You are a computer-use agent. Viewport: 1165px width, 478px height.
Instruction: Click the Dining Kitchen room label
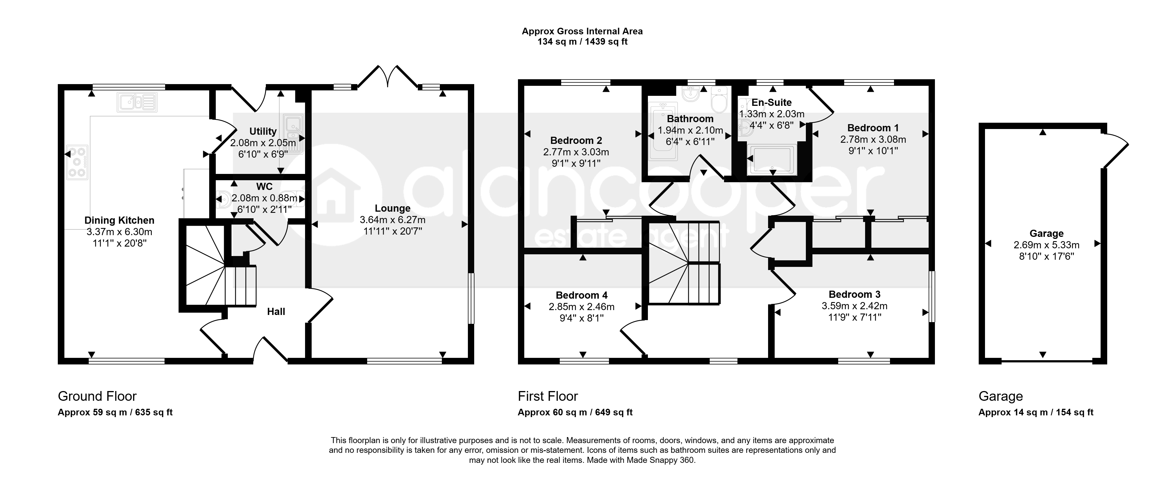coord(119,220)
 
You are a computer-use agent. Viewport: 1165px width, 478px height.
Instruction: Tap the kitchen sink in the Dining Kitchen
coord(137,102)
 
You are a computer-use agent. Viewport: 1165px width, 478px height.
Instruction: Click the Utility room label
coord(263,131)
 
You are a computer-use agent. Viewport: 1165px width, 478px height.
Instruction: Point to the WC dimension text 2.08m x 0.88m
coord(265,198)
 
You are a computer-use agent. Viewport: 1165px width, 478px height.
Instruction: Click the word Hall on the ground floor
coord(276,312)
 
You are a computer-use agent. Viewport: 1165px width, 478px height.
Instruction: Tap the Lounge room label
coord(393,209)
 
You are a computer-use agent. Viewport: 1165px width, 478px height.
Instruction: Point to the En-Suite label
coord(772,103)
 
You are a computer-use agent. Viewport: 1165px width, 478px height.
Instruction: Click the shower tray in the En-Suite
coord(772,159)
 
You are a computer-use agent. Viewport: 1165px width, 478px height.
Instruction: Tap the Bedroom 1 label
coord(873,128)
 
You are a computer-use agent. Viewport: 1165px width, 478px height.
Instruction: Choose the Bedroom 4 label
coord(581,295)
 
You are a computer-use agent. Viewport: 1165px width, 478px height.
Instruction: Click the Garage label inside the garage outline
coord(1047,234)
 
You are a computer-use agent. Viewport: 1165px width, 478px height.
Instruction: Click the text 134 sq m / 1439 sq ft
coord(583,42)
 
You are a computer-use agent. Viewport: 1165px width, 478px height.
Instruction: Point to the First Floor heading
coord(548,396)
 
